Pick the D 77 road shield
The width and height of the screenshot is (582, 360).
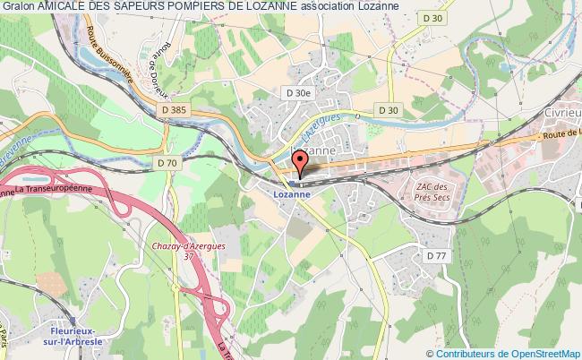pyautogui.click(x=436, y=255)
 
